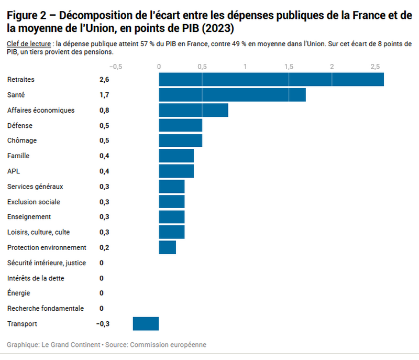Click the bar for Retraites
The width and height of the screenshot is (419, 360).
[271, 80]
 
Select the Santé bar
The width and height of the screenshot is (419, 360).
[232, 95]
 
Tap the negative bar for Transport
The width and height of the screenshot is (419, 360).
[146, 324]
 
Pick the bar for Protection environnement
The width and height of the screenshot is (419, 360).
[168, 247]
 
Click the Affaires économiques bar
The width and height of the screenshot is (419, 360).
[193, 110]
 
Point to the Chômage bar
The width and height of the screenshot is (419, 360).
[180, 141]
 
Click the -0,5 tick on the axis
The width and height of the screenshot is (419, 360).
[115, 67]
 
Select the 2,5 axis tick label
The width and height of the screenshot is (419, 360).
[375, 67]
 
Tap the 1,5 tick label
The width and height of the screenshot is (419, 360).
[289, 67]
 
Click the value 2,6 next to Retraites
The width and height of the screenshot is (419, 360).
[104, 80]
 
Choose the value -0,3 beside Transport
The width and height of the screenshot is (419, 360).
[103, 324]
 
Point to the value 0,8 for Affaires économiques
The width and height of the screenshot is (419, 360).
[104, 110]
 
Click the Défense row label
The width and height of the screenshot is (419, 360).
[20, 126]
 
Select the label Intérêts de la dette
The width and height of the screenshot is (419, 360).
[36, 278]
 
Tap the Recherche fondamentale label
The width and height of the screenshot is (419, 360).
[46, 309]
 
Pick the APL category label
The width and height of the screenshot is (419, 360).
[14, 171]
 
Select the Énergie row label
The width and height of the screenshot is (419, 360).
[19, 293]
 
